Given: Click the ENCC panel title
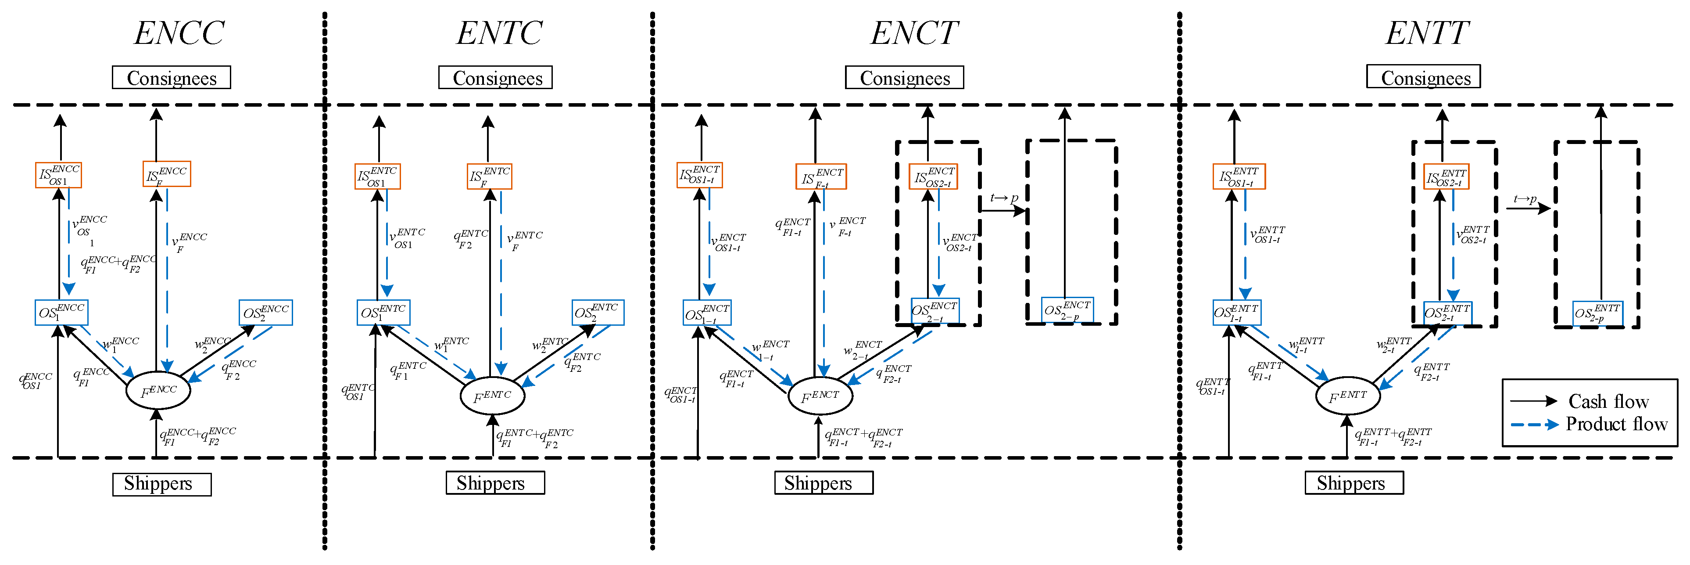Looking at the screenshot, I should pyautogui.click(x=179, y=33).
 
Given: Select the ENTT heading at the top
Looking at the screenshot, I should pyautogui.click(x=1426, y=33).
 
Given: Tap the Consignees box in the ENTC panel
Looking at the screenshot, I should pyautogui.click(x=495, y=77).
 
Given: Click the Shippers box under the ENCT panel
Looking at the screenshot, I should pyautogui.click(x=824, y=483).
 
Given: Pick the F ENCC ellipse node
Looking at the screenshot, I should pyautogui.click(x=158, y=391).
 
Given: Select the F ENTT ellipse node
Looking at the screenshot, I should pyautogui.click(x=1348, y=396).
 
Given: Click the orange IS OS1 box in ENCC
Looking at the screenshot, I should pyautogui.click(x=58, y=175).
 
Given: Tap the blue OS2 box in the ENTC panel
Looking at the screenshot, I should pyautogui.click(x=598, y=313).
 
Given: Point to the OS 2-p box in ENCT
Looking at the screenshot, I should pyautogui.click(x=1067, y=310).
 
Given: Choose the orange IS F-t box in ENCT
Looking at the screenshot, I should pyautogui.click(x=821, y=176).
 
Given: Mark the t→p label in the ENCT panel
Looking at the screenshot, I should pyautogui.click(x=1004, y=198).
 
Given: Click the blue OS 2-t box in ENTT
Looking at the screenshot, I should pyautogui.click(x=1447, y=313).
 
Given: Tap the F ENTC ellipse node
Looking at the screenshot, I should pyautogui.click(x=492, y=396).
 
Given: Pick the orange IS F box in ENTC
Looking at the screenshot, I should pyautogui.click(x=489, y=176).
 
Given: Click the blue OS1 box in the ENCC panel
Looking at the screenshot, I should pyautogui.click(x=61, y=313).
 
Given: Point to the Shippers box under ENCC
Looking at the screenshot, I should pyautogui.click(x=161, y=484).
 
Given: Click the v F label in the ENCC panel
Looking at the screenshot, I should pyautogui.click(x=188, y=241).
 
